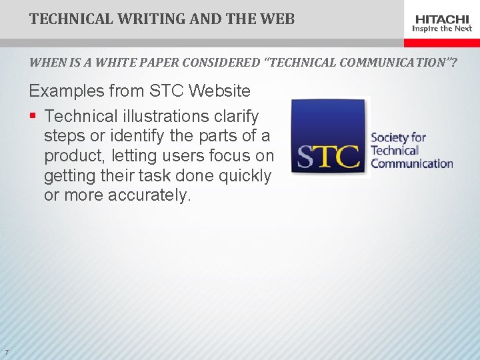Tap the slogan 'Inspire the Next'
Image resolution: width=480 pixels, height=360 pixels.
pyautogui.click(x=442, y=29)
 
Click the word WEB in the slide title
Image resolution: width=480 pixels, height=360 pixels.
pyautogui.click(x=278, y=19)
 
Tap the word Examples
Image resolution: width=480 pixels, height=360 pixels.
pyautogui.click(x=66, y=91)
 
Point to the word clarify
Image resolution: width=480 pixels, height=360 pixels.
pyautogui.click(x=237, y=116)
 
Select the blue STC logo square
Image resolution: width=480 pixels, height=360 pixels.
pyautogui.click(x=329, y=138)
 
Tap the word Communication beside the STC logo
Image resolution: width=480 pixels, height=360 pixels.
pyautogui.click(x=411, y=163)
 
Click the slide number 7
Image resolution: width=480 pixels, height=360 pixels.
pyautogui.click(x=6, y=353)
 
